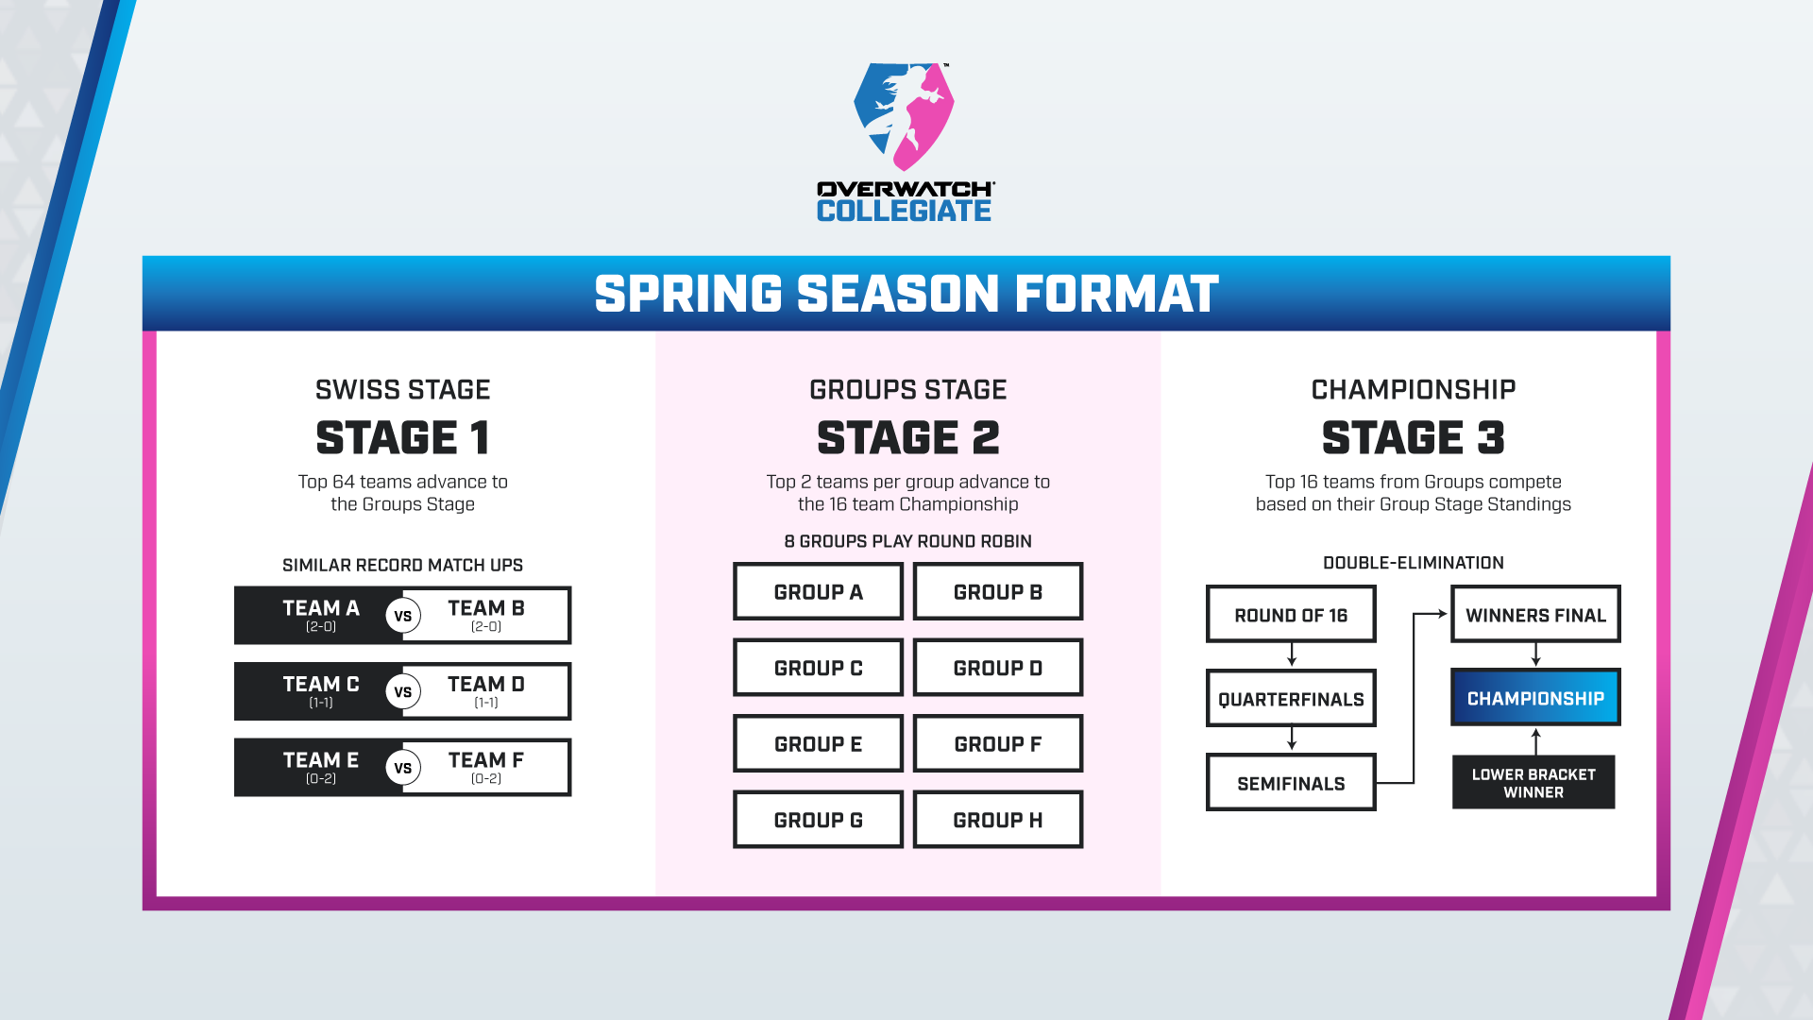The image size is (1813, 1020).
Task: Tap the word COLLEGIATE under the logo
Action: pos(904,211)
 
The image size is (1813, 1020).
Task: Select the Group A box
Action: pos(818,592)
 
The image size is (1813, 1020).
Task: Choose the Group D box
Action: pos(998,668)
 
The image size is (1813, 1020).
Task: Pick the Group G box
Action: pos(818,820)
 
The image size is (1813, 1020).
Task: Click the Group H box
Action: pos(998,820)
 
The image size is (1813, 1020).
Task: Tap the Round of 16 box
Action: pos(1291,615)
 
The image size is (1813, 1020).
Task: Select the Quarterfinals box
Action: pos(1291,699)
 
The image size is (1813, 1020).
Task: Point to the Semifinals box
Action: pos(1291,783)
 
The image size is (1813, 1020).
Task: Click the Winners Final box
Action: pos(1535,615)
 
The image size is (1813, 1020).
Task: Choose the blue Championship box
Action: pos(1535,698)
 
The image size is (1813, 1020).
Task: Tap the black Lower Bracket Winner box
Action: pos(1533,782)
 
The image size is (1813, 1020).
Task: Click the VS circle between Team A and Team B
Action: pos(403,616)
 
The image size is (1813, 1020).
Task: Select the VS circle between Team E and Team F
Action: pos(403,768)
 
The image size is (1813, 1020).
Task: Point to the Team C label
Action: pos(321,684)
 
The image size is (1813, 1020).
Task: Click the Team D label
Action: pos(486,684)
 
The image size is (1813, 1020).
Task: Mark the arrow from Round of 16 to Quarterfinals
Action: pos(1292,655)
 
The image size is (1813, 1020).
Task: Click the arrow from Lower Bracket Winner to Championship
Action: pos(1536,741)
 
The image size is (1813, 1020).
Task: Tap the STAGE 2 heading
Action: pos(908,437)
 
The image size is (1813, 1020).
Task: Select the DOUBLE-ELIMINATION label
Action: pos(1414,563)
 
